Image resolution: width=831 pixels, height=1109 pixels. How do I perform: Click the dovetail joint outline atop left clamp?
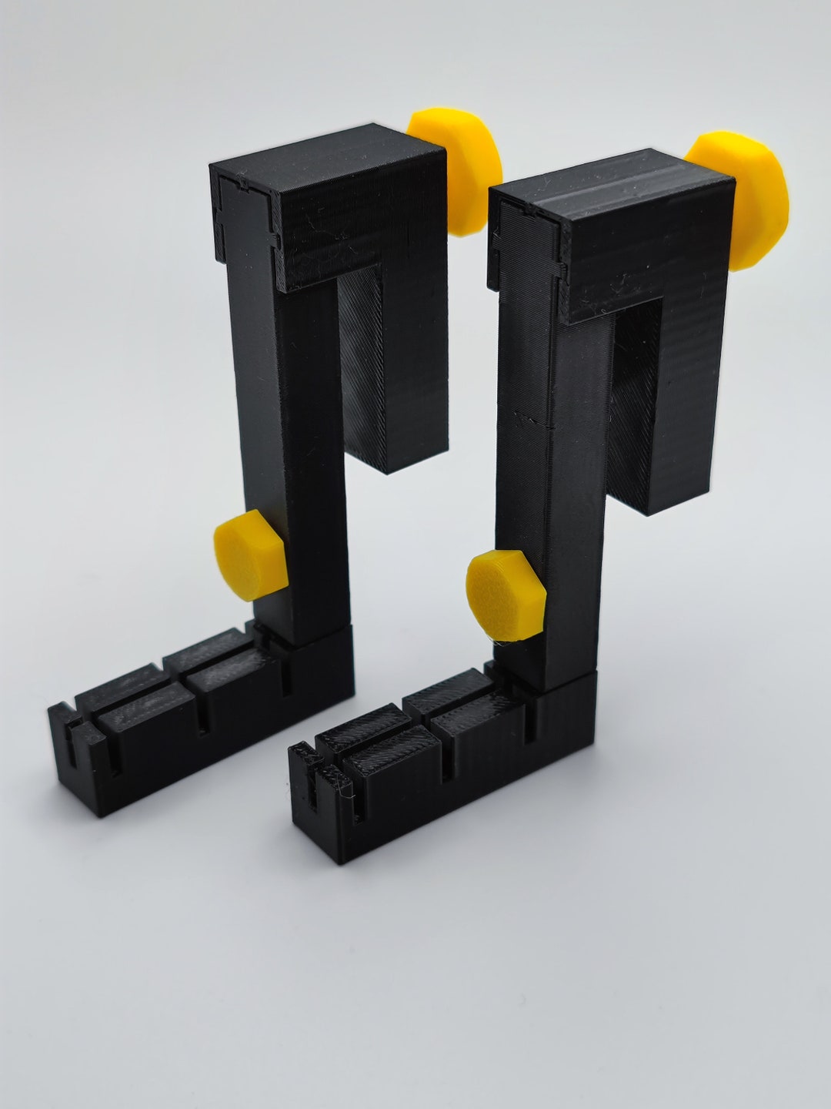[242, 219]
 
